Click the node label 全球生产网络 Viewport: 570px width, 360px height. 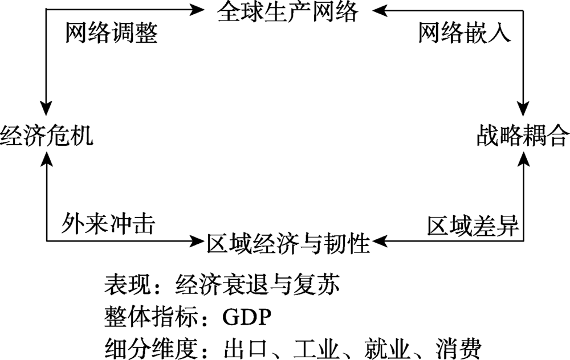pos(288,11)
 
